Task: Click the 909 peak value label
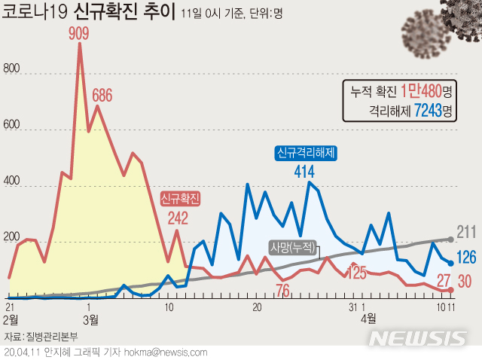coord(80,34)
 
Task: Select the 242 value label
coord(178,219)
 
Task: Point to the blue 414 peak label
coord(304,172)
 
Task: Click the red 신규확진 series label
coord(181,199)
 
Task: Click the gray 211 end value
coord(467,232)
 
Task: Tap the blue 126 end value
coord(467,258)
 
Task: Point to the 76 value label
coord(283,290)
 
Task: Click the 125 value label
coord(356,272)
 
